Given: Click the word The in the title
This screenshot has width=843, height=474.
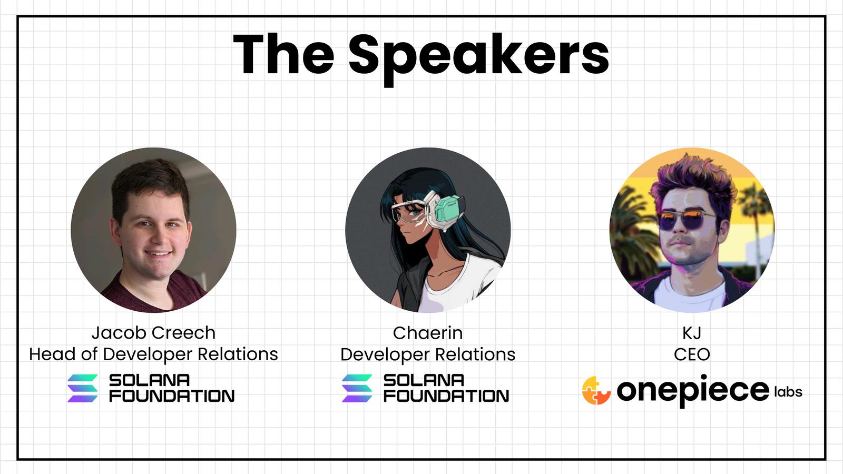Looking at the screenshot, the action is point(284,55).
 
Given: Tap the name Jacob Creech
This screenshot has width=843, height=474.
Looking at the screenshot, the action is point(153,333).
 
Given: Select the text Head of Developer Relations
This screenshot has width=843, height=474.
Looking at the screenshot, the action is point(153,354).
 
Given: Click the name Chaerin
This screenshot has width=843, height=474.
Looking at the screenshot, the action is point(428,333).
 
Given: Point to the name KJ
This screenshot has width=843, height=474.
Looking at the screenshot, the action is point(692,333).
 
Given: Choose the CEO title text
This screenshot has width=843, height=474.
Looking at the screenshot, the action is point(692,354).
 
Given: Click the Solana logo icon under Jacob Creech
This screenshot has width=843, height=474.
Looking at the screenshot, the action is point(82,388).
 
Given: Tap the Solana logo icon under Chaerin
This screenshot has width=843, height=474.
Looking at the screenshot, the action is point(357,388).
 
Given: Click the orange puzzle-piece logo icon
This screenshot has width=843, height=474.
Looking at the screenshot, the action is point(596,390).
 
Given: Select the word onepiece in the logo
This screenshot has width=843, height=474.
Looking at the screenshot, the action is point(693,391).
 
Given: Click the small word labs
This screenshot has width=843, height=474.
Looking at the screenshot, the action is point(788,392).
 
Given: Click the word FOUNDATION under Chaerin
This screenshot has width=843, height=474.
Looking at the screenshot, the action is point(446,396).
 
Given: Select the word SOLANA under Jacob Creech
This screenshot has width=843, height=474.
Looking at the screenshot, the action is point(150,380).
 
